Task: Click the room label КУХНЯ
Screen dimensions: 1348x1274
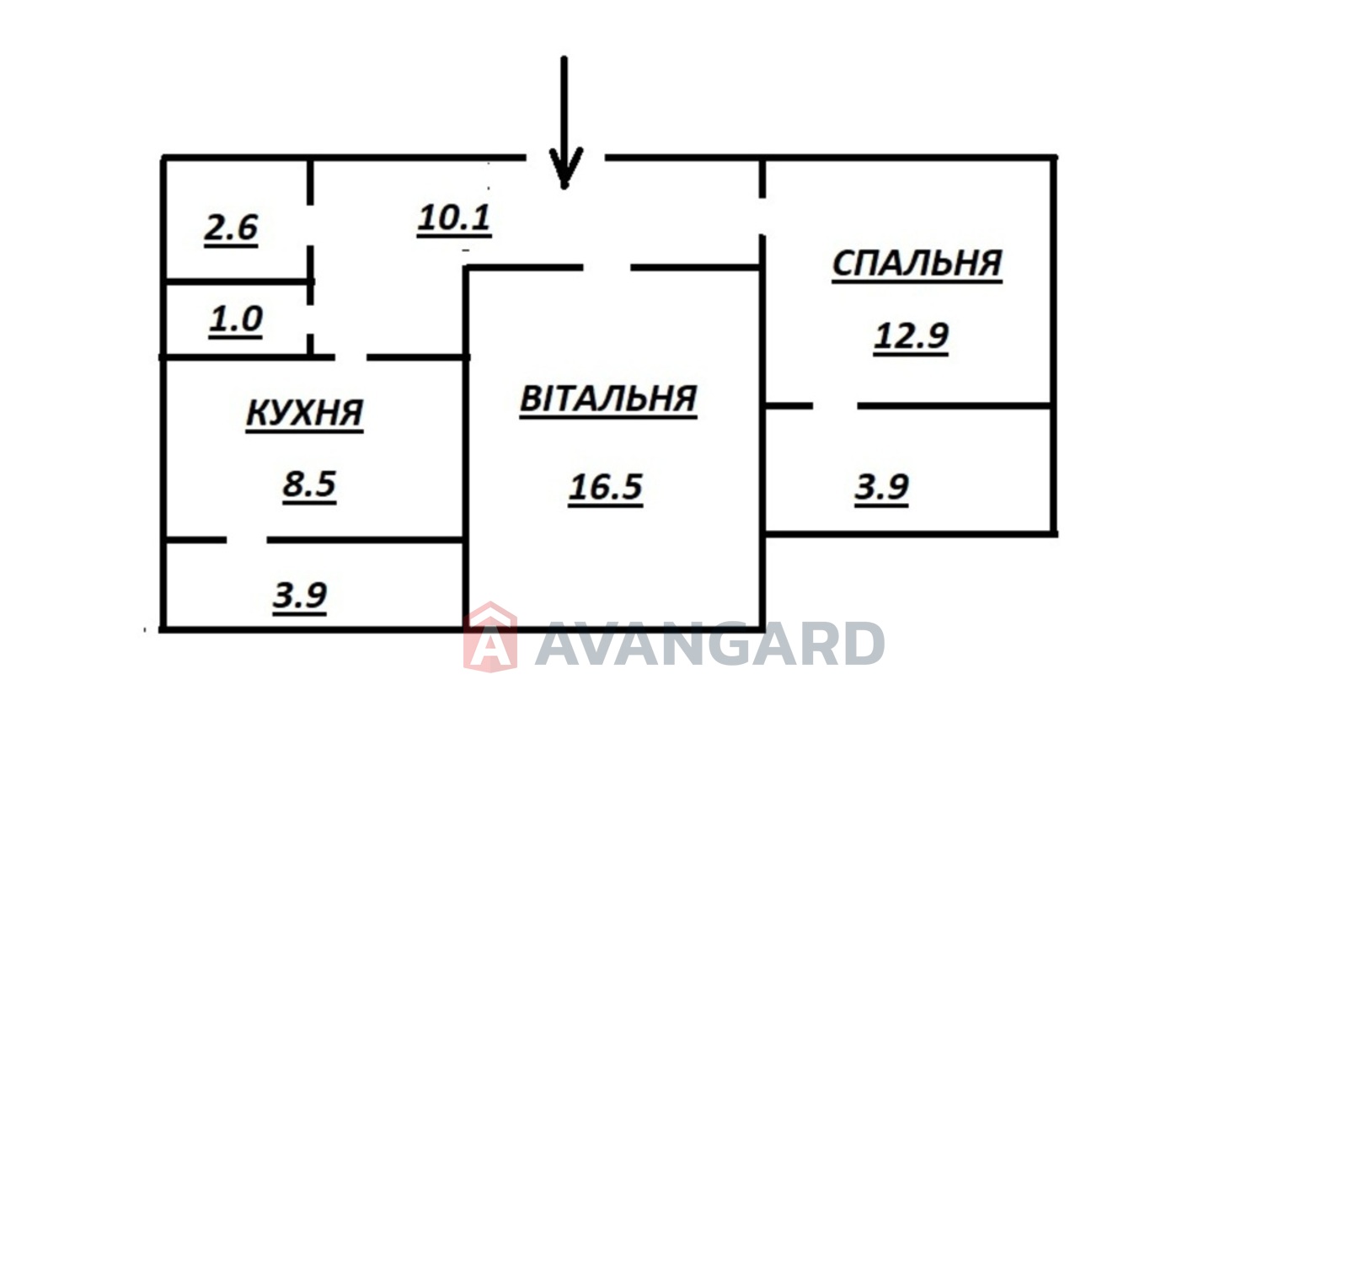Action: click(x=304, y=413)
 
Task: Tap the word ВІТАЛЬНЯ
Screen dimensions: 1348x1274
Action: click(x=608, y=399)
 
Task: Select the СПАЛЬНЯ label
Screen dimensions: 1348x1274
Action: click(x=917, y=264)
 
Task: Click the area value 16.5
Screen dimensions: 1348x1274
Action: click(x=606, y=487)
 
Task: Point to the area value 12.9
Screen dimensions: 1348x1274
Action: click(x=911, y=335)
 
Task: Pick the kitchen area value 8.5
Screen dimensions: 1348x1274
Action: click(x=309, y=484)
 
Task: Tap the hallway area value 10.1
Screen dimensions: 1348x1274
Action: click(x=454, y=217)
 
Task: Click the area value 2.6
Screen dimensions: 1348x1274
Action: click(x=231, y=227)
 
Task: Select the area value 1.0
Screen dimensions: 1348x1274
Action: click(x=236, y=319)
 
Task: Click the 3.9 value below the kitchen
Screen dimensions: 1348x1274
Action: click(x=300, y=595)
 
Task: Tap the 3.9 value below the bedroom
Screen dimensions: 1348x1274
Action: click(x=882, y=487)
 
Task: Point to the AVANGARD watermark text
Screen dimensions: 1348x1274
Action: click(x=709, y=645)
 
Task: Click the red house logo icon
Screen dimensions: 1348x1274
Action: click(x=489, y=638)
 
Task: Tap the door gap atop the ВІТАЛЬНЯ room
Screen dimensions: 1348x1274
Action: click(x=607, y=268)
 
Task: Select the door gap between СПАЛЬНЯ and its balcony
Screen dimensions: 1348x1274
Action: click(x=835, y=406)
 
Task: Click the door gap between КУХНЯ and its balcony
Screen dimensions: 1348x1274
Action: click(x=247, y=539)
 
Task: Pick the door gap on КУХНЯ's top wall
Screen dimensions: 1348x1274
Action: click(x=350, y=358)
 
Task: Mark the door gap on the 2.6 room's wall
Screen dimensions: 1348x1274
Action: click(x=310, y=225)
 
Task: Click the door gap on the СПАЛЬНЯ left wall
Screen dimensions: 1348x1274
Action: click(x=762, y=217)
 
